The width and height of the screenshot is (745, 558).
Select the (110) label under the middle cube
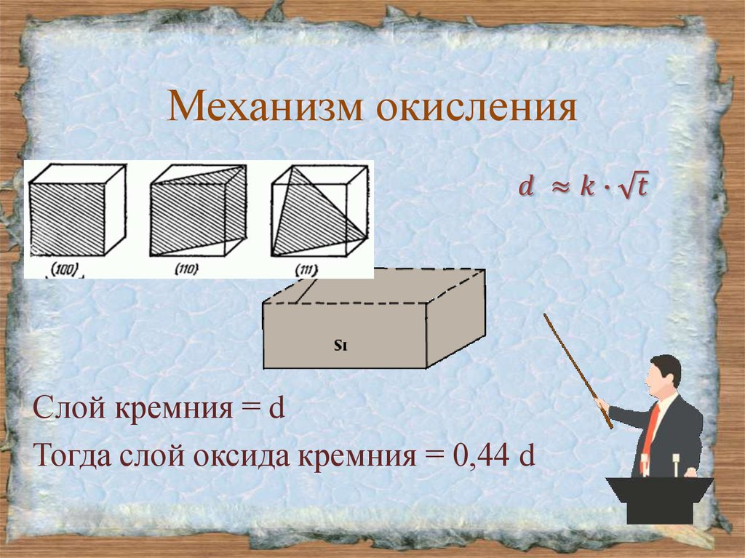(x=188, y=271)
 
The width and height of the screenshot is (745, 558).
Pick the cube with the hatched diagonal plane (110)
(x=197, y=212)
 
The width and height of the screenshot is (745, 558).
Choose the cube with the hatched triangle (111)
(x=319, y=212)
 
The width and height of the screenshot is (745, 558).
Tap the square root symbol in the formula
(x=627, y=187)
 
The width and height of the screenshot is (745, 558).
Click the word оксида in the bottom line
(x=247, y=459)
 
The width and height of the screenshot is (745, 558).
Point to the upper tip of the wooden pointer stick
(x=546, y=316)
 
